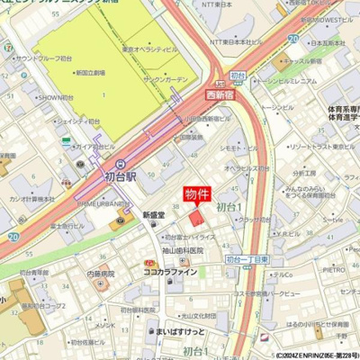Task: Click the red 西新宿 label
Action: click(199, 92)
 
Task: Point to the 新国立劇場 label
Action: click(92, 71)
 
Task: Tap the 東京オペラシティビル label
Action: click(148, 49)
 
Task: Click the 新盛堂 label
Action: click(156, 215)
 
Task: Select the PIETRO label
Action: click(334, 268)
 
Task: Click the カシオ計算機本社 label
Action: click(30, 198)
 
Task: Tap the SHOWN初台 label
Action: click(55, 97)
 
